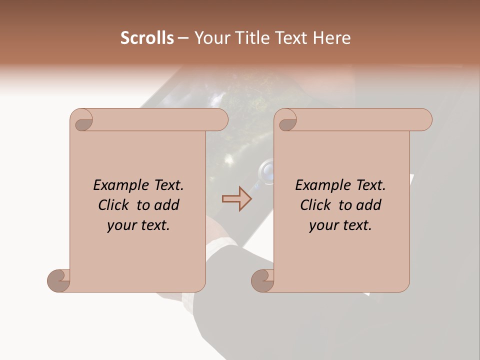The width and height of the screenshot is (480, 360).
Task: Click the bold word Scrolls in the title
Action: pos(147,38)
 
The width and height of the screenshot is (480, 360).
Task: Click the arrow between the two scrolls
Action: pos(236,198)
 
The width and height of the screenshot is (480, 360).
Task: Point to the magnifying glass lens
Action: pos(266,171)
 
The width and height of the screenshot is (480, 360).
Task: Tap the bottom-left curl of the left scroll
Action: pos(58,280)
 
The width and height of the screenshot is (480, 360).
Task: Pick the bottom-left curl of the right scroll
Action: pos(262,280)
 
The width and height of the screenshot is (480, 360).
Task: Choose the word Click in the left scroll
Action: pos(115,205)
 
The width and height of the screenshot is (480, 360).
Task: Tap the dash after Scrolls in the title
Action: pos(183,38)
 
